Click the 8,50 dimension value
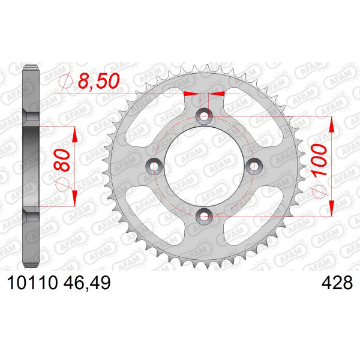pos(99,81)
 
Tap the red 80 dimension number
pos(62,160)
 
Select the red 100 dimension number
pos(319,160)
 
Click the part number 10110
pos(32,283)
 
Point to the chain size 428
pos(337,283)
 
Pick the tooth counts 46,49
pos(87,283)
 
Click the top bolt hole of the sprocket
pos(204,116)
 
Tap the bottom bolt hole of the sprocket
pos(204,216)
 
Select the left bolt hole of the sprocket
pos(154,166)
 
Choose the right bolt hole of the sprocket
pos(254,166)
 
